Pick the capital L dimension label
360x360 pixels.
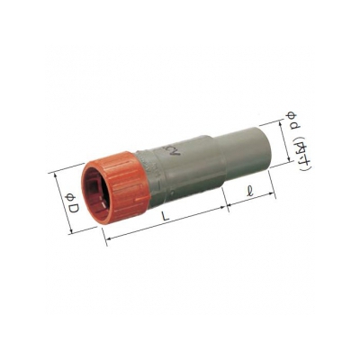(165, 216)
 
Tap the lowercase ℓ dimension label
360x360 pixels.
(249, 191)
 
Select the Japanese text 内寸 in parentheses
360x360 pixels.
(300, 154)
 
